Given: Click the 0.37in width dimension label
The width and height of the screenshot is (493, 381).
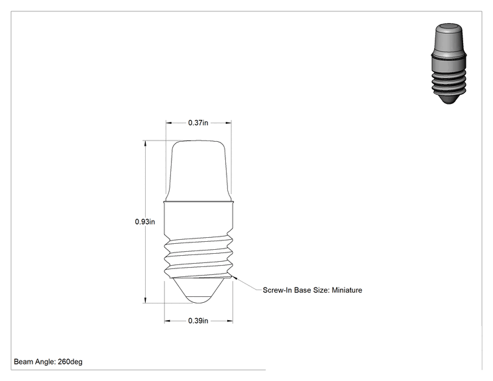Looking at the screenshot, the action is [x=198, y=123].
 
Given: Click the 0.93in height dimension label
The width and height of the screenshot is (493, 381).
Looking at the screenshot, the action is [x=145, y=221].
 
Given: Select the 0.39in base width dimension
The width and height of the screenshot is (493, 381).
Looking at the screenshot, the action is [x=198, y=321].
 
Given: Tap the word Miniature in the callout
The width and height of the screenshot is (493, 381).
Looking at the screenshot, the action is [x=347, y=290].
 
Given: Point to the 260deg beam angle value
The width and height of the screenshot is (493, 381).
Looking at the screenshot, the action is [x=70, y=362].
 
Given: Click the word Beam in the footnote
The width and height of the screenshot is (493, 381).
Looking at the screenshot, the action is [x=23, y=362].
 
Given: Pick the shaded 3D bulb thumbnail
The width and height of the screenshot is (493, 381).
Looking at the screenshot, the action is [x=449, y=63].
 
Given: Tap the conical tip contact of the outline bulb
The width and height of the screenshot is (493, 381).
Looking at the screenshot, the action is [x=198, y=290].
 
